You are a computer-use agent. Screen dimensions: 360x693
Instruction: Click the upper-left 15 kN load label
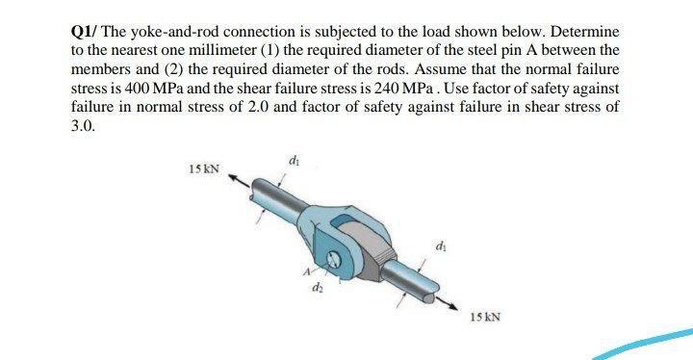tap(204, 170)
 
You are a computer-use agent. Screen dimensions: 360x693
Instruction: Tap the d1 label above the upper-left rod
tap(293, 161)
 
